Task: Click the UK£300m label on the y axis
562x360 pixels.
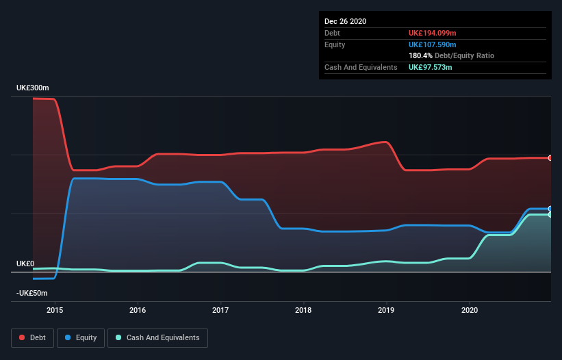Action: [33, 88]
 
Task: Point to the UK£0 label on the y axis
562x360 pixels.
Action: [25, 263]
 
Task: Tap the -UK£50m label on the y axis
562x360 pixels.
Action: [32, 293]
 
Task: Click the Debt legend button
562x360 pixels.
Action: [31, 337]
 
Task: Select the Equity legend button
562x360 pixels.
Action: [81, 337]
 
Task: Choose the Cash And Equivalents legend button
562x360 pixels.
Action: [157, 337]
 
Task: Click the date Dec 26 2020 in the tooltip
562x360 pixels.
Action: [345, 21]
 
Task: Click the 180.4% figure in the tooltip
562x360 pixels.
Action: [420, 55]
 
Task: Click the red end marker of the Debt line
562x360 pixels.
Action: [550, 158]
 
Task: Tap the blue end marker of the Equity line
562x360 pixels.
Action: [550, 209]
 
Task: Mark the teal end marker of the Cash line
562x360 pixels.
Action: [550, 214]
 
